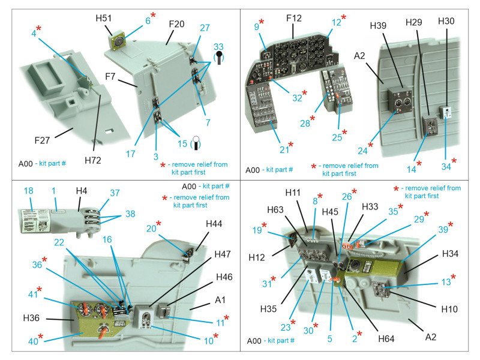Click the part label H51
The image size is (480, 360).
click(x=103, y=19)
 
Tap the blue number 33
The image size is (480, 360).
click(x=219, y=46)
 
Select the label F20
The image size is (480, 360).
click(x=176, y=24)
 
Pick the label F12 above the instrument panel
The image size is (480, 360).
click(x=294, y=18)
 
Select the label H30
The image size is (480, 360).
click(x=446, y=20)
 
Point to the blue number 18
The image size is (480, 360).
click(x=28, y=190)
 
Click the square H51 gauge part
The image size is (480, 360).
click(x=118, y=41)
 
